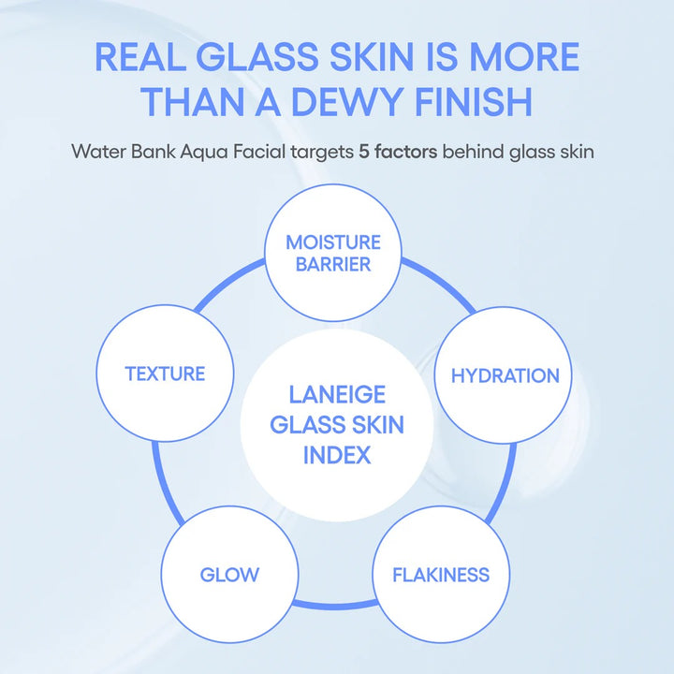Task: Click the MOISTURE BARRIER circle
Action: [x=333, y=253]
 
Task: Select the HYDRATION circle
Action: [x=505, y=375]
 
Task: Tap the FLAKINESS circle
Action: [x=439, y=573]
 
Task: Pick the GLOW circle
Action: [x=229, y=573]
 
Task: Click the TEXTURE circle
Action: [x=165, y=374]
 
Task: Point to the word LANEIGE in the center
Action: [x=336, y=395]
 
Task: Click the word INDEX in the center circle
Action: [x=336, y=456]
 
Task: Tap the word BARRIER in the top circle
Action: [x=333, y=264]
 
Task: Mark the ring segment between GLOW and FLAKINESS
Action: [x=334, y=606]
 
